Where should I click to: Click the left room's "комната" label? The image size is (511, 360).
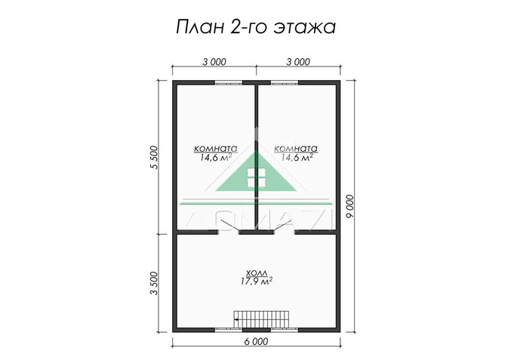(x=215, y=149)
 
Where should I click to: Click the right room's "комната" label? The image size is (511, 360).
(x=296, y=149)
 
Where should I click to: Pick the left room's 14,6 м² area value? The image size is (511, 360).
(x=215, y=158)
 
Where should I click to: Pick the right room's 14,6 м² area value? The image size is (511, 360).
(x=296, y=158)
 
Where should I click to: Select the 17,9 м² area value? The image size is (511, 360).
(x=256, y=281)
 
